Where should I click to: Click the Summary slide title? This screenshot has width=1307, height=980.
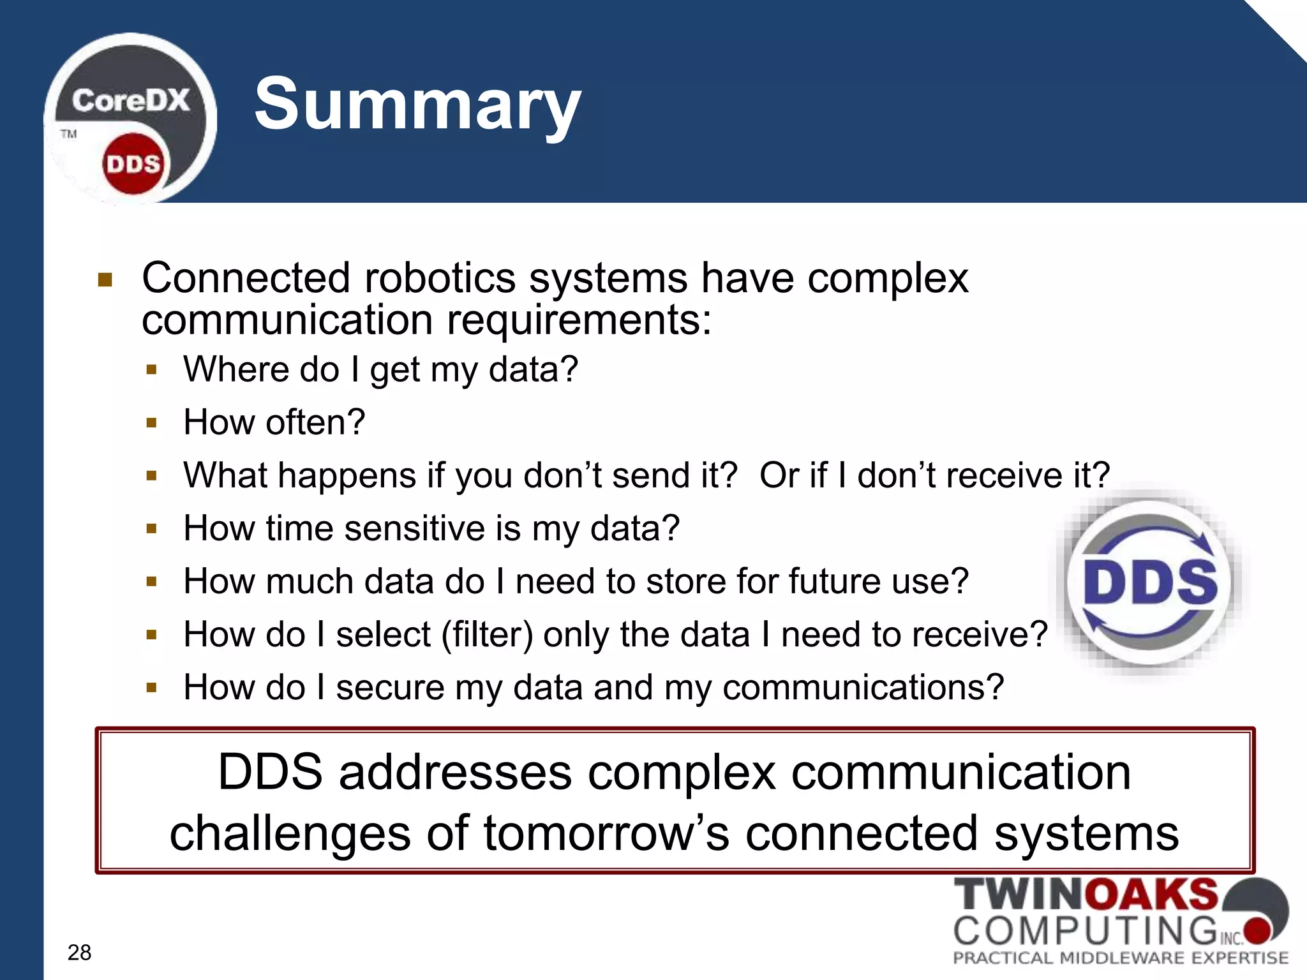pos(418,104)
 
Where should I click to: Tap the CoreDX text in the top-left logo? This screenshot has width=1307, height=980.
pos(131,101)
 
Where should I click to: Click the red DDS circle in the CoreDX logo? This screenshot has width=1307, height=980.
pos(133,164)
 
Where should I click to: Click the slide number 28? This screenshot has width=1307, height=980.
pos(79,952)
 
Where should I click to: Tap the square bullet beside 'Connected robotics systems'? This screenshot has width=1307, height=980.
pos(105,280)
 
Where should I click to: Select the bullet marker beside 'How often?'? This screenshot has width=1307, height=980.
pos(151,422)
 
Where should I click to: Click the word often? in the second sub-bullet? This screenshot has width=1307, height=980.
pos(315,422)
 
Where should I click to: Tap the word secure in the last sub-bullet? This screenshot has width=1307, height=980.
pos(390,688)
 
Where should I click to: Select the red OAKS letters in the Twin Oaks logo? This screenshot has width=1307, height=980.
pos(1151,895)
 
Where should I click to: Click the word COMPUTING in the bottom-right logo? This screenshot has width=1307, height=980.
pos(1085,930)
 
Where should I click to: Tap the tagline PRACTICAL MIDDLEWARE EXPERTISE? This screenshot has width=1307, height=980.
pos(1121,958)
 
